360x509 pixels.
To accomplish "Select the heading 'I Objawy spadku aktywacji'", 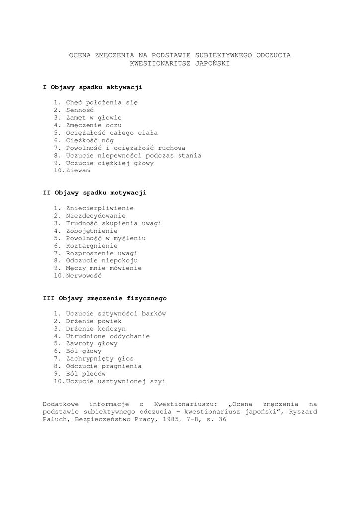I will coord(92,87).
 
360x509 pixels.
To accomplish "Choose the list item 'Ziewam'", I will coord(78,170).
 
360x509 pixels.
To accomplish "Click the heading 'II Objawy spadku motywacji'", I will coord(94,193).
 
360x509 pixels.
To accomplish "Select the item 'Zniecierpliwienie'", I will coord(99,208).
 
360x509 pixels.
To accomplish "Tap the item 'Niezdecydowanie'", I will coord(96,216).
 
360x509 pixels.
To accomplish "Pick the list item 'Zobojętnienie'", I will coord(92,231).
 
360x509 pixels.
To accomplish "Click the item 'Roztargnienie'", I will coord(92,246).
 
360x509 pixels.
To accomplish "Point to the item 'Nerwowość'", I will coord(84,275).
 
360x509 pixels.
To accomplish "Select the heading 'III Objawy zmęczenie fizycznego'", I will coord(104,299).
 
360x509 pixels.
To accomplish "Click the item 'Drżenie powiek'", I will coord(94,321).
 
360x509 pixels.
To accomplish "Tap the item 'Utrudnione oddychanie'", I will coord(107,336).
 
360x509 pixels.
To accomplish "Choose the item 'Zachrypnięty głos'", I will coord(99,358).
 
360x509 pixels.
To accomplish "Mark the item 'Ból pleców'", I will coord(86,374).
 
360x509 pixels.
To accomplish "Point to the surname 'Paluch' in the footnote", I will coord(54,419).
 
